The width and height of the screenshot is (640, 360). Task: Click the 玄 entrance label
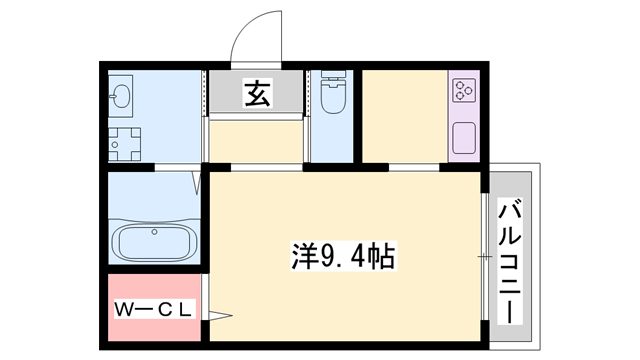click(256, 94)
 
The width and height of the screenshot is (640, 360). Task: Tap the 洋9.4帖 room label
click(343, 257)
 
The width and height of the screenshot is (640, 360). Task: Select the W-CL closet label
click(153, 308)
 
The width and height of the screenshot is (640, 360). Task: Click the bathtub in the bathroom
click(154, 241)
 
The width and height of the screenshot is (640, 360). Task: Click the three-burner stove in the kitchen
click(465, 93)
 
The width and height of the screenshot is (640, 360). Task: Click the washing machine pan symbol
click(126, 145)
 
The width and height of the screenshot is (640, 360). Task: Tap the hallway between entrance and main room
click(256, 140)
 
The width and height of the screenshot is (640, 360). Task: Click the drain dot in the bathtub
click(154, 233)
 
